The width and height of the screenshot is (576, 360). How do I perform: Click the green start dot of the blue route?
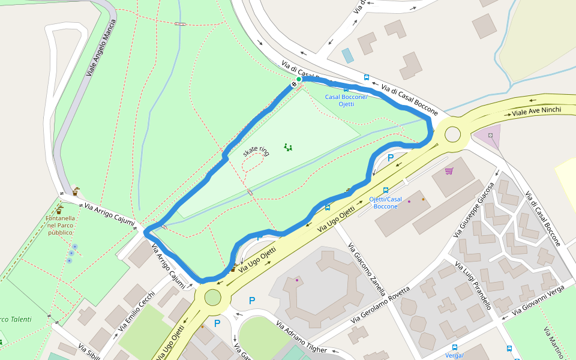pos(299,79)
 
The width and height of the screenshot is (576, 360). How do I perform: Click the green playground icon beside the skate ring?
pos(288,147)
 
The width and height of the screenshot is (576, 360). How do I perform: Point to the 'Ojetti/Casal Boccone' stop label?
pos(385,203)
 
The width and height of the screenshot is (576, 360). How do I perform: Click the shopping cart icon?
pos(449,171)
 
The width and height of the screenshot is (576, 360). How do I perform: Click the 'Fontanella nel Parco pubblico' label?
pos(60,225)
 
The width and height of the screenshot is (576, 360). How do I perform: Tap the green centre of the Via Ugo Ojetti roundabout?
pos(213,296)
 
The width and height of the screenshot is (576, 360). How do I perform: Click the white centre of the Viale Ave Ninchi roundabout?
pos(452,134)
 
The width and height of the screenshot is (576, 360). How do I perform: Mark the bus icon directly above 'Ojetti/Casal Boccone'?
pos(385,190)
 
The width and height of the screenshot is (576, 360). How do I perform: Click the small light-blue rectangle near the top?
pos(347,56)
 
